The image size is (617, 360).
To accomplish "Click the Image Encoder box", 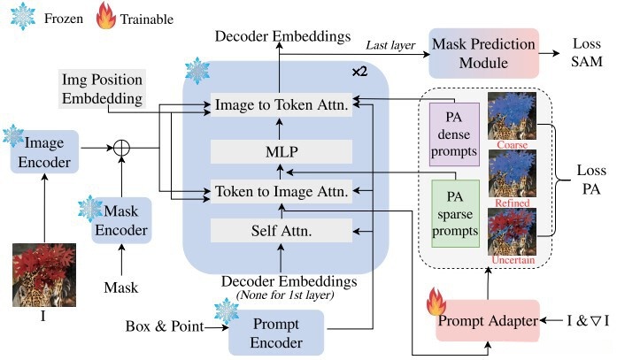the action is point(44,152).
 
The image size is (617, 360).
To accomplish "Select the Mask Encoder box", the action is point(121,220).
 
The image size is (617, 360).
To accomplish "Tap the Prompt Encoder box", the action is point(276,333).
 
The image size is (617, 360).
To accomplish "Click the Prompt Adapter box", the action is point(488,321).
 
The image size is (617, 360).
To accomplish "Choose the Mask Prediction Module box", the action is point(483,53).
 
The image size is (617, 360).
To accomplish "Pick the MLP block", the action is point(282,152).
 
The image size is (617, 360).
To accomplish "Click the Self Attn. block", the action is point(282,231).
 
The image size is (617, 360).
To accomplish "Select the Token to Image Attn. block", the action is point(282,191).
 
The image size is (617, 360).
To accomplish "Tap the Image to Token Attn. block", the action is point(282,104).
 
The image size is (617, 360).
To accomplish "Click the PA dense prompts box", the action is point(454,134).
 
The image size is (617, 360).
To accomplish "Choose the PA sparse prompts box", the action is point(455,214).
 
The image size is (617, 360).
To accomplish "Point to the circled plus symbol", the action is point(121,149).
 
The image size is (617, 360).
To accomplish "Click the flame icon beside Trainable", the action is point(106,15).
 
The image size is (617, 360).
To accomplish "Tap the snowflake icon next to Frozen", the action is point(22,16).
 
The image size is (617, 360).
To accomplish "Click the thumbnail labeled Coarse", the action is point(512,116).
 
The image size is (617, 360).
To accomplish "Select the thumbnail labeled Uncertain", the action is point(512,232).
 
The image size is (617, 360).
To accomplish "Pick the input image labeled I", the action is point(44,275).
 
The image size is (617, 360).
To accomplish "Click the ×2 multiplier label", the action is point(359,72).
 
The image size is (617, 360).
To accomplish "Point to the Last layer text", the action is point(390,46).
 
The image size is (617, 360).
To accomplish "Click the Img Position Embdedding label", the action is point(103,88).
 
